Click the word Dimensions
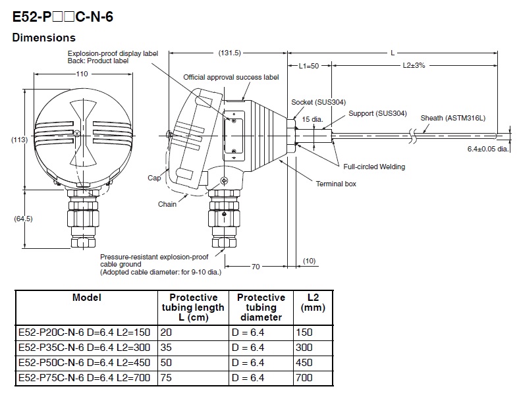[x=44, y=38]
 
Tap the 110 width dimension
[x=81, y=74]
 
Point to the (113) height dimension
[x=20, y=140]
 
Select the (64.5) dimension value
[x=24, y=219]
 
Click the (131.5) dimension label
[x=230, y=53]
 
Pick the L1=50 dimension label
[x=308, y=66]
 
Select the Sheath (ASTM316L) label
[x=452, y=117]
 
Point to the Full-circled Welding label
[x=373, y=167]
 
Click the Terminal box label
[x=336, y=184]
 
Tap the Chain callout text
[x=167, y=204]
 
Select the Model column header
[x=87, y=298]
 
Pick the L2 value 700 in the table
[x=305, y=377]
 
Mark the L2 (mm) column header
[x=312, y=302]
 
